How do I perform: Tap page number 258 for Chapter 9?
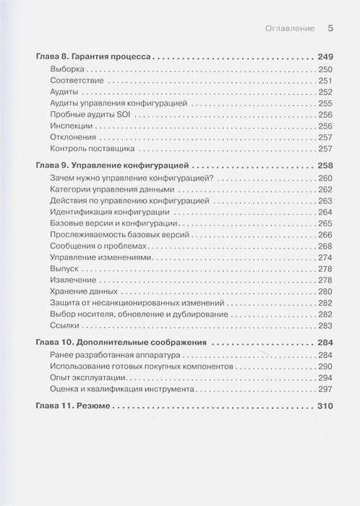pos(324,166)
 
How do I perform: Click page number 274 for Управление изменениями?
pos(325,258)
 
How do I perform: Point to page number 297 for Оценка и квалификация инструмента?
pos(325,389)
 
